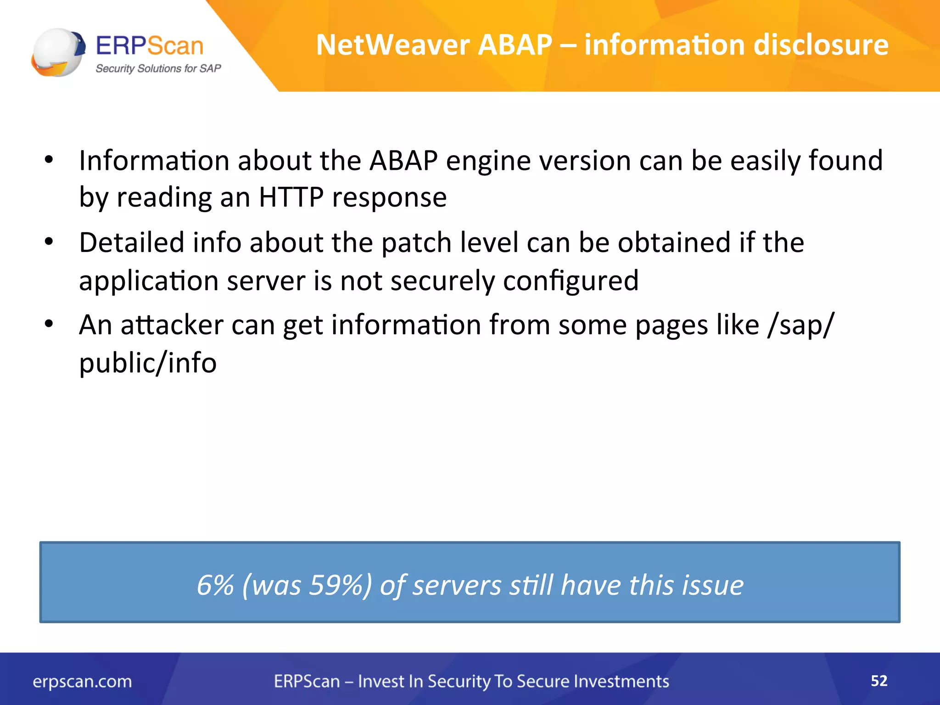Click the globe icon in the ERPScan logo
coord(58,52)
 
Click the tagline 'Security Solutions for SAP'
coord(158,69)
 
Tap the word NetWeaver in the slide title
coord(393,45)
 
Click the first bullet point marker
coord(49,160)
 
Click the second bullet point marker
coord(49,242)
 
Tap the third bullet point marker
coord(49,324)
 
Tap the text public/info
coord(147,363)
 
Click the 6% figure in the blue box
coord(215,585)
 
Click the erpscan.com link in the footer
coord(82,682)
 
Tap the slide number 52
coord(879,681)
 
